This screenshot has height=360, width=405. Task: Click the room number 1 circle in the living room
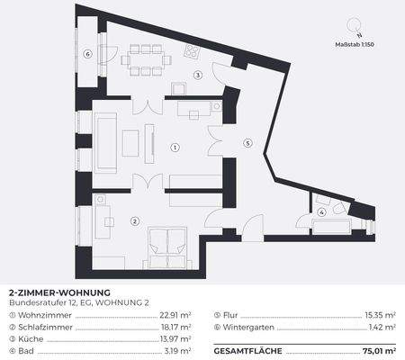[175, 147]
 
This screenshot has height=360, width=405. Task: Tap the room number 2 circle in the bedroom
[134, 220]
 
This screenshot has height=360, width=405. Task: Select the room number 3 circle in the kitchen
[197, 76]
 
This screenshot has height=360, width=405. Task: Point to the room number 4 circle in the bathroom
[321, 213]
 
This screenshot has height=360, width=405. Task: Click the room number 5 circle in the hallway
[247, 142]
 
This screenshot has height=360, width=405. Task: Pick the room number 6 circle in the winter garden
[87, 54]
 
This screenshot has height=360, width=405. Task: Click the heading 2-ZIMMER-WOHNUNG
[58, 293]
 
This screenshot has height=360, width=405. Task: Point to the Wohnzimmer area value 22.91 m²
[175, 316]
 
